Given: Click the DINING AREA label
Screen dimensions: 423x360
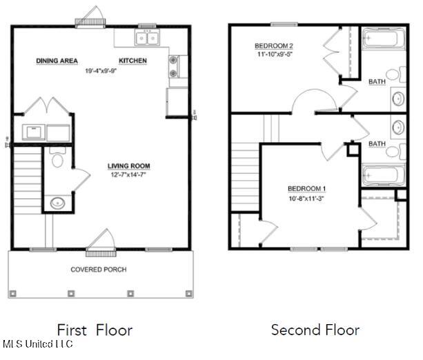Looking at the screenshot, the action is tap(57, 61).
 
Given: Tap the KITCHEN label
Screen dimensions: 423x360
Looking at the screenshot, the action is tap(132, 61).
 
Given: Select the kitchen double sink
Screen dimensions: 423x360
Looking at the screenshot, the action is tap(147, 38).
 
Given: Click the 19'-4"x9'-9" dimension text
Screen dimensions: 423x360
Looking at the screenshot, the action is tap(101, 71).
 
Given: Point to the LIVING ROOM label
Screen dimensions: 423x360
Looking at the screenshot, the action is tap(128, 166).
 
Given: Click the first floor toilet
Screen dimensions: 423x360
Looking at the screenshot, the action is tap(57, 157).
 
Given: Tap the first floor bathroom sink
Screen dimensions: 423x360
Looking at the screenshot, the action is tap(57, 203).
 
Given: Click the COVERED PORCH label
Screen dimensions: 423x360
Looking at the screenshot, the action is tap(99, 270).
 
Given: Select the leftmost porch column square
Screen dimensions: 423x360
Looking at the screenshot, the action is tap(12, 293).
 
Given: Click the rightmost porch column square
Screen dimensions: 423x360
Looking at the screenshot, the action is tap(188, 293).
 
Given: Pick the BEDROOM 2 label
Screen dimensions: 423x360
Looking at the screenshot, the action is tap(274, 46).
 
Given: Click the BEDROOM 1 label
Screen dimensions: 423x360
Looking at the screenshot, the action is tap(307, 189).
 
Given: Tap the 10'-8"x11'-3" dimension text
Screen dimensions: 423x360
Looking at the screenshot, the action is tap(306, 199).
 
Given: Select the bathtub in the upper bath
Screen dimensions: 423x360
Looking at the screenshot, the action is tap(384, 39).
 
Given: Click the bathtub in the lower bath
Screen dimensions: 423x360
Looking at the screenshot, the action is tap(384, 174).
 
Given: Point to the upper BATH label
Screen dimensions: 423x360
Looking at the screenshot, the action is tap(377, 81).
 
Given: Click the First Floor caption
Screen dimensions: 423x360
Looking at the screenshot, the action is tap(95, 330).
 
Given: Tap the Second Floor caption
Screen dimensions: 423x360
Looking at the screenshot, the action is tap(315, 330).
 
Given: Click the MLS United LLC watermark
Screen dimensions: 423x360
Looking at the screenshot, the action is tap(38, 344).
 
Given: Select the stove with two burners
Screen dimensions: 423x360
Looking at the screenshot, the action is tap(173, 66).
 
